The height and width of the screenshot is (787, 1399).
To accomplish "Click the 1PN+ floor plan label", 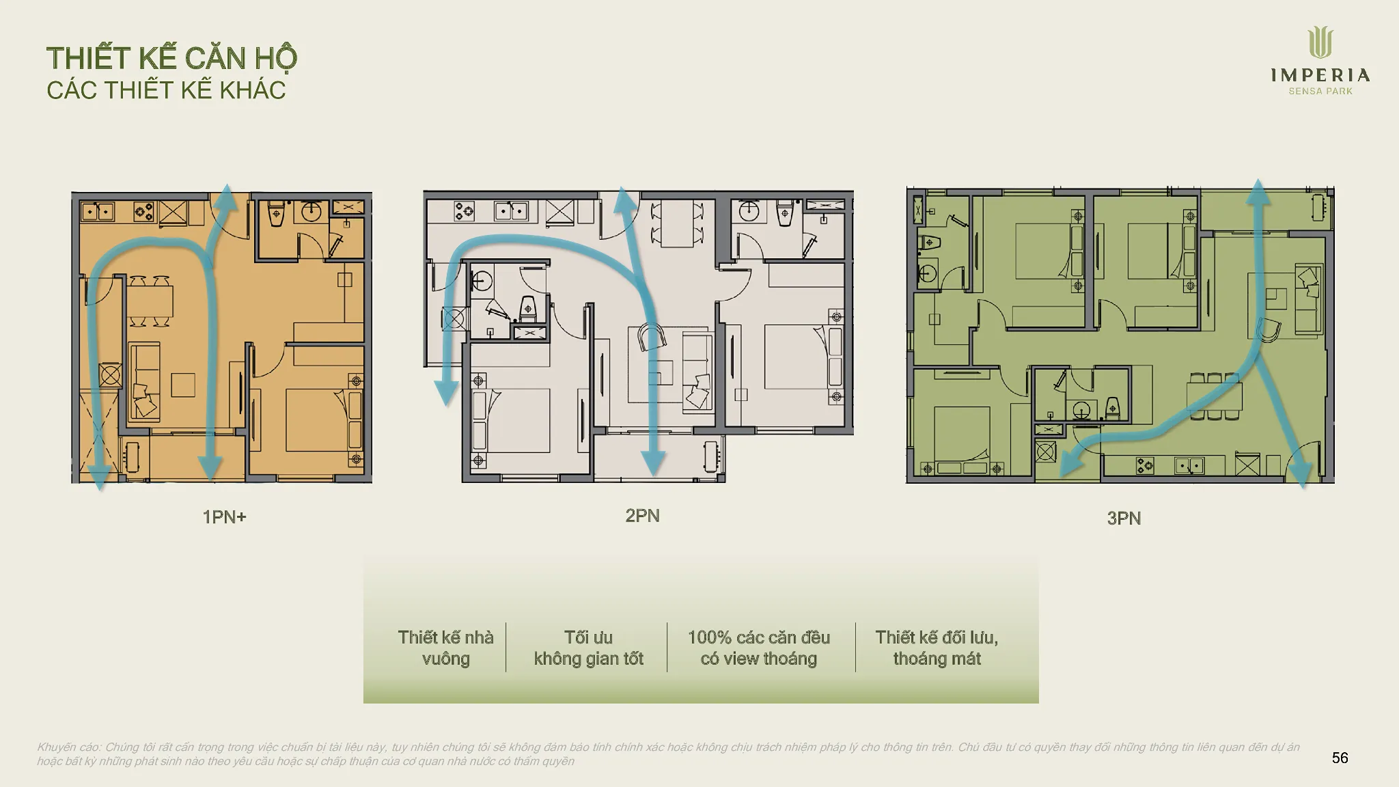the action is coord(224,517).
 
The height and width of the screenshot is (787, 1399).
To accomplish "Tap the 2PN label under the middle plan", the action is coord(642,516).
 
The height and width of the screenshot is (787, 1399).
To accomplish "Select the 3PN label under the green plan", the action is coord(1124,519).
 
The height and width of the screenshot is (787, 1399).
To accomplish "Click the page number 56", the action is coord(1340,758).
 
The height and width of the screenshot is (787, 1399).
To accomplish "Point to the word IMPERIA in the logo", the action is coord(1320,75).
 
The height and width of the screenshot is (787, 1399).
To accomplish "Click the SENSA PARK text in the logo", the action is coord(1320,92).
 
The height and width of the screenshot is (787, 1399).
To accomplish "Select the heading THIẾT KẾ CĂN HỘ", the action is coord(171,58).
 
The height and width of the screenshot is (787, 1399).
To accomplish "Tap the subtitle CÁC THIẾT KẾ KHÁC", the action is coord(166,90).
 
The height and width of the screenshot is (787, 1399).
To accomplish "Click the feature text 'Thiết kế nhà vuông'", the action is coord(445,648).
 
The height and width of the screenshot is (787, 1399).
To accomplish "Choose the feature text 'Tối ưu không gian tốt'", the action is coord(588,648).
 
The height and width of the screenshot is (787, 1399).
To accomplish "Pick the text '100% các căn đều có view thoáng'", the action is coord(758,648).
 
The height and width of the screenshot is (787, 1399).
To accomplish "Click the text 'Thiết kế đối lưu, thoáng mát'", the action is coord(937,648).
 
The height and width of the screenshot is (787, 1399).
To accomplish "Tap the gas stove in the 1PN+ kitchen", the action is coord(143,212).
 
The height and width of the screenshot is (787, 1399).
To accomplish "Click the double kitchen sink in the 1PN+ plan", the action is coord(98,212).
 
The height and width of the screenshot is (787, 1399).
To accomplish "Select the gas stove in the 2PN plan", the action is coord(464,210).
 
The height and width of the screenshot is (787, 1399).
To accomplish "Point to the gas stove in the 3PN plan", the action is coord(1146,466).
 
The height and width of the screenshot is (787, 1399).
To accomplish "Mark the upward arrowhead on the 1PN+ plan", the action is coord(225,197).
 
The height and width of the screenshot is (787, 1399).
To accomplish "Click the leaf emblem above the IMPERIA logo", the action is coord(1320,42).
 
